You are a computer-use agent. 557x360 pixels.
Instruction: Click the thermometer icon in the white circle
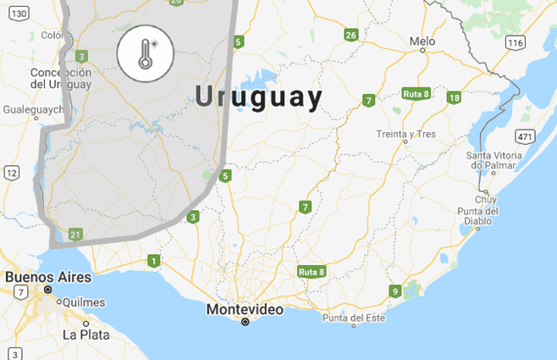click(x=146, y=53)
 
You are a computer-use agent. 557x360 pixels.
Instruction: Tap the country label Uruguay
click(x=258, y=97)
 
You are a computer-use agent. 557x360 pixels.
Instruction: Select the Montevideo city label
click(x=245, y=310)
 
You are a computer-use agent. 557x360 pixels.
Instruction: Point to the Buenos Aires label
click(x=41, y=277)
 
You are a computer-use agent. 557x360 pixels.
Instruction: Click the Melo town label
click(x=422, y=41)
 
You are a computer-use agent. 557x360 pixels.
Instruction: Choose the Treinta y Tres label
click(x=405, y=134)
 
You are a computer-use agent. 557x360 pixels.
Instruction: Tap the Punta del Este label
click(x=354, y=318)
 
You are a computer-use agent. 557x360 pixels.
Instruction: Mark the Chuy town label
click(x=487, y=200)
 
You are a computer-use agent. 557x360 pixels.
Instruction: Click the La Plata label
click(x=85, y=335)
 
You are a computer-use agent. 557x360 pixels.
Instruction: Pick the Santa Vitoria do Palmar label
click(x=499, y=161)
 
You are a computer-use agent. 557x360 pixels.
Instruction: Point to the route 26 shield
click(x=351, y=35)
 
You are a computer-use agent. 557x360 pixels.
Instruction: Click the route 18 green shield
click(x=455, y=97)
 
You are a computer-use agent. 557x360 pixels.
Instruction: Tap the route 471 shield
click(x=526, y=137)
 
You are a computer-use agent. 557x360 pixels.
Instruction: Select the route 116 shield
click(x=515, y=42)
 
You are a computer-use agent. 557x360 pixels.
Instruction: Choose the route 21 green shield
click(x=76, y=235)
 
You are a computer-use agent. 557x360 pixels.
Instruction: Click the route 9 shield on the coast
click(x=394, y=292)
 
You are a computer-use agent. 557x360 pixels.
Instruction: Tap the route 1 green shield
click(x=152, y=260)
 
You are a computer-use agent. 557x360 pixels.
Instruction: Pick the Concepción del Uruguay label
click(x=60, y=78)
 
